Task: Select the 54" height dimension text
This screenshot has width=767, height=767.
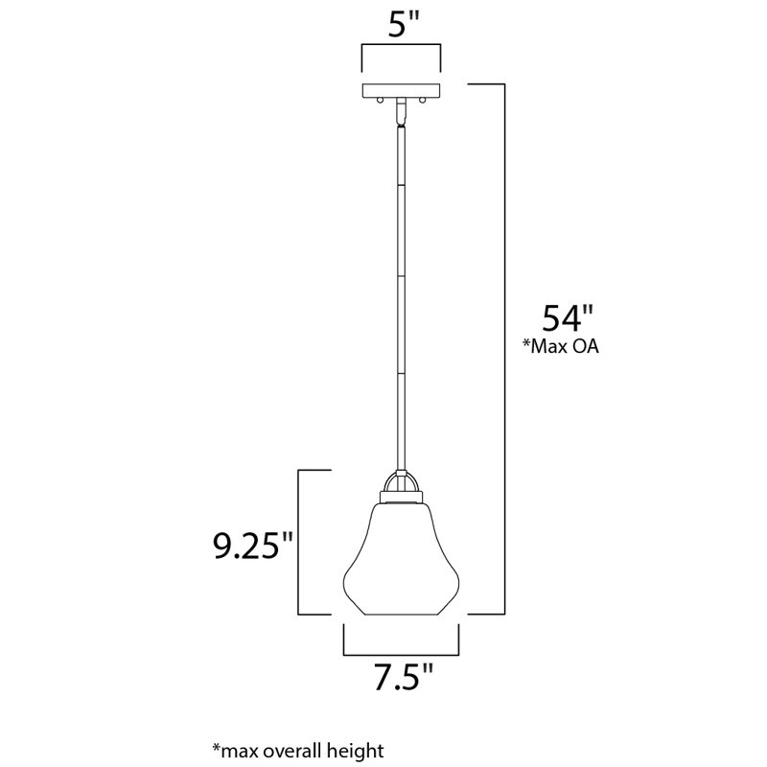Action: point(559,317)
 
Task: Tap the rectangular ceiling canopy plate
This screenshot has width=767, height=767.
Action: point(402,90)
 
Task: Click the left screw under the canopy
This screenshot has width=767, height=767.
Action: point(380,99)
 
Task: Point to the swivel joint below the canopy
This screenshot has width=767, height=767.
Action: point(402,113)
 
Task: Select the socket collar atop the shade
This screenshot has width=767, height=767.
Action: point(402,498)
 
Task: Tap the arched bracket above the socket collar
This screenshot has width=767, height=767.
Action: point(402,481)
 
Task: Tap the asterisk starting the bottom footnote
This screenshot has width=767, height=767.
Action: point(215,745)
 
